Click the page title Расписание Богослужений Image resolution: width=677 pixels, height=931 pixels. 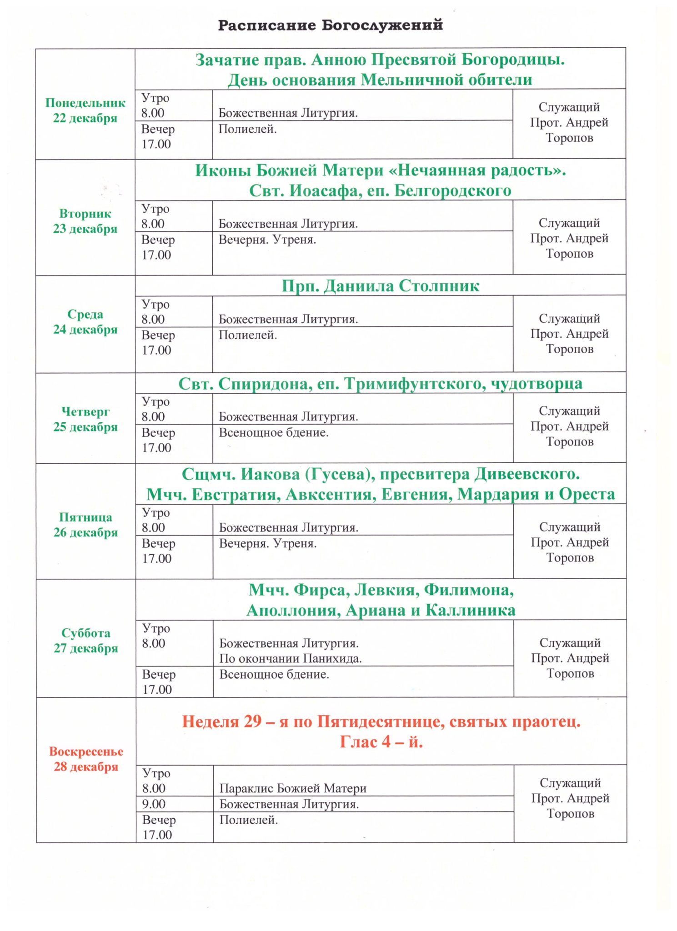pos(330,25)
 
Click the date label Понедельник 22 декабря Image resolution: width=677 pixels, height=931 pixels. pos(85,110)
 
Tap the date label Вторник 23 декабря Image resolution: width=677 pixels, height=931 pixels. pos(85,221)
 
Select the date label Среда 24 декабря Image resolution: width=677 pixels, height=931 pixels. pos(85,322)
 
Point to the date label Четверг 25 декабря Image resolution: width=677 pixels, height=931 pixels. pos(85,419)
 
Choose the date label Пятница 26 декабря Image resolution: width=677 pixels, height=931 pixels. pos(85,525)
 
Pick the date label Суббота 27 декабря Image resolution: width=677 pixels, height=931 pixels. pos(85,641)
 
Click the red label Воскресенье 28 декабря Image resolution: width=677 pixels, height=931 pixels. pos(86,759)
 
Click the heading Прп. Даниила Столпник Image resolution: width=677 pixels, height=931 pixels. pos(380,286)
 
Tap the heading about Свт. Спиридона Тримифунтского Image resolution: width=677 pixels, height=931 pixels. pos(380,384)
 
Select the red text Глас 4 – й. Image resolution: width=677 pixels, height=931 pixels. pos(381,742)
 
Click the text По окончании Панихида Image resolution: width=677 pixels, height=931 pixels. pos(291,658)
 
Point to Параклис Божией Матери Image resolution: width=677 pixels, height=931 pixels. pos(293,788)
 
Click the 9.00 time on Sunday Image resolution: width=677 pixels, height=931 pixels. pos(154,804)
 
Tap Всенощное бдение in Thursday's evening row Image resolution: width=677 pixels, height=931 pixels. pos(274,432)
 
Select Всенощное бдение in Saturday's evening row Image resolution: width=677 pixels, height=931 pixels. pos(274,674)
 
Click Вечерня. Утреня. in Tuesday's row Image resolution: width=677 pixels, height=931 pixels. pos(267,240)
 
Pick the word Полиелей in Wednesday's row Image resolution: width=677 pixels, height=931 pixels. pos(248,335)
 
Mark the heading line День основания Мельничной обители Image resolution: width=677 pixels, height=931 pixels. pos(380,80)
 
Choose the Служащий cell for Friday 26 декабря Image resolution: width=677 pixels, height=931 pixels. pos(570,542)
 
